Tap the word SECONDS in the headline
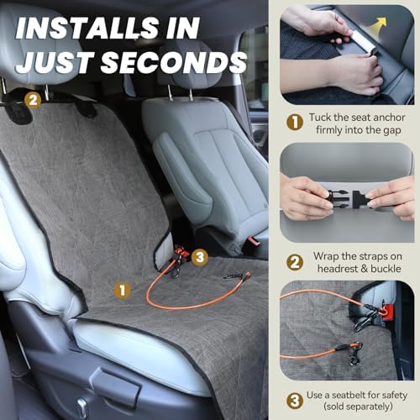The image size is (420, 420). [x=174, y=62]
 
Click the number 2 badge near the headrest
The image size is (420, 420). [x=33, y=100]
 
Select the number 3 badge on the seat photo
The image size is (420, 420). [x=200, y=257]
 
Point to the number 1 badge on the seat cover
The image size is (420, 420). [x=122, y=290]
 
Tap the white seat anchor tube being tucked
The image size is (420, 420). [x=357, y=39]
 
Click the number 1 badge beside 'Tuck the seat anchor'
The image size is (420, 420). [x=295, y=122]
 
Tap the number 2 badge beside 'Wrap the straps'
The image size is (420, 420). [x=295, y=262]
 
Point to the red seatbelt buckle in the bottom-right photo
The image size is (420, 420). [x=387, y=312]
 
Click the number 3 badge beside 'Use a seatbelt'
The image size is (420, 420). [x=295, y=401]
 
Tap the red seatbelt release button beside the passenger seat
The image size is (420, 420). [x=254, y=241]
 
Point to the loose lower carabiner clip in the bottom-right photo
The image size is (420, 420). [x=354, y=356]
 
